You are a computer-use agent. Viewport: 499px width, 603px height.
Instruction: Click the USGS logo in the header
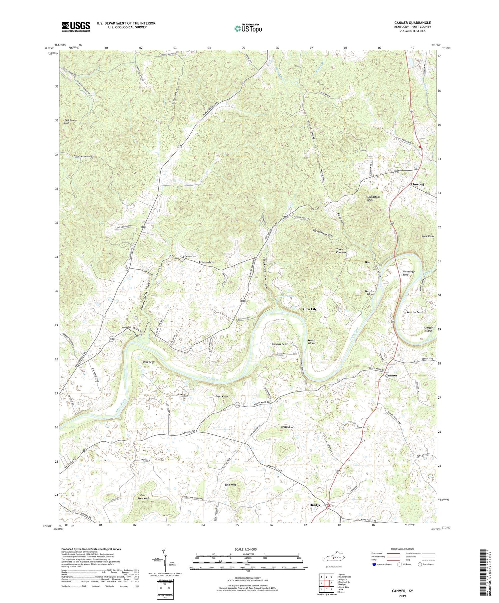76,27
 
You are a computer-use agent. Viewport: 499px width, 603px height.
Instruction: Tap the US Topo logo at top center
248,29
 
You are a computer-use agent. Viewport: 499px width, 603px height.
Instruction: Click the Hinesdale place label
206,262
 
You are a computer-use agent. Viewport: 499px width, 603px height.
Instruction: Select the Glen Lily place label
310,309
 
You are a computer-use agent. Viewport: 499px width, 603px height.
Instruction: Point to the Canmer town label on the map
391,375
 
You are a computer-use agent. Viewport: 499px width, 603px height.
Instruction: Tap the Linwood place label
417,184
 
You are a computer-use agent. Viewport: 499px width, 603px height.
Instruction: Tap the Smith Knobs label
288,427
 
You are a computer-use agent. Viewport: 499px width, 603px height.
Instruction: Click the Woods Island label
311,342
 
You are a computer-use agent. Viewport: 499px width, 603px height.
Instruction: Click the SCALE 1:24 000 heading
248,549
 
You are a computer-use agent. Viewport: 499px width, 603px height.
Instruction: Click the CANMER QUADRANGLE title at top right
411,23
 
